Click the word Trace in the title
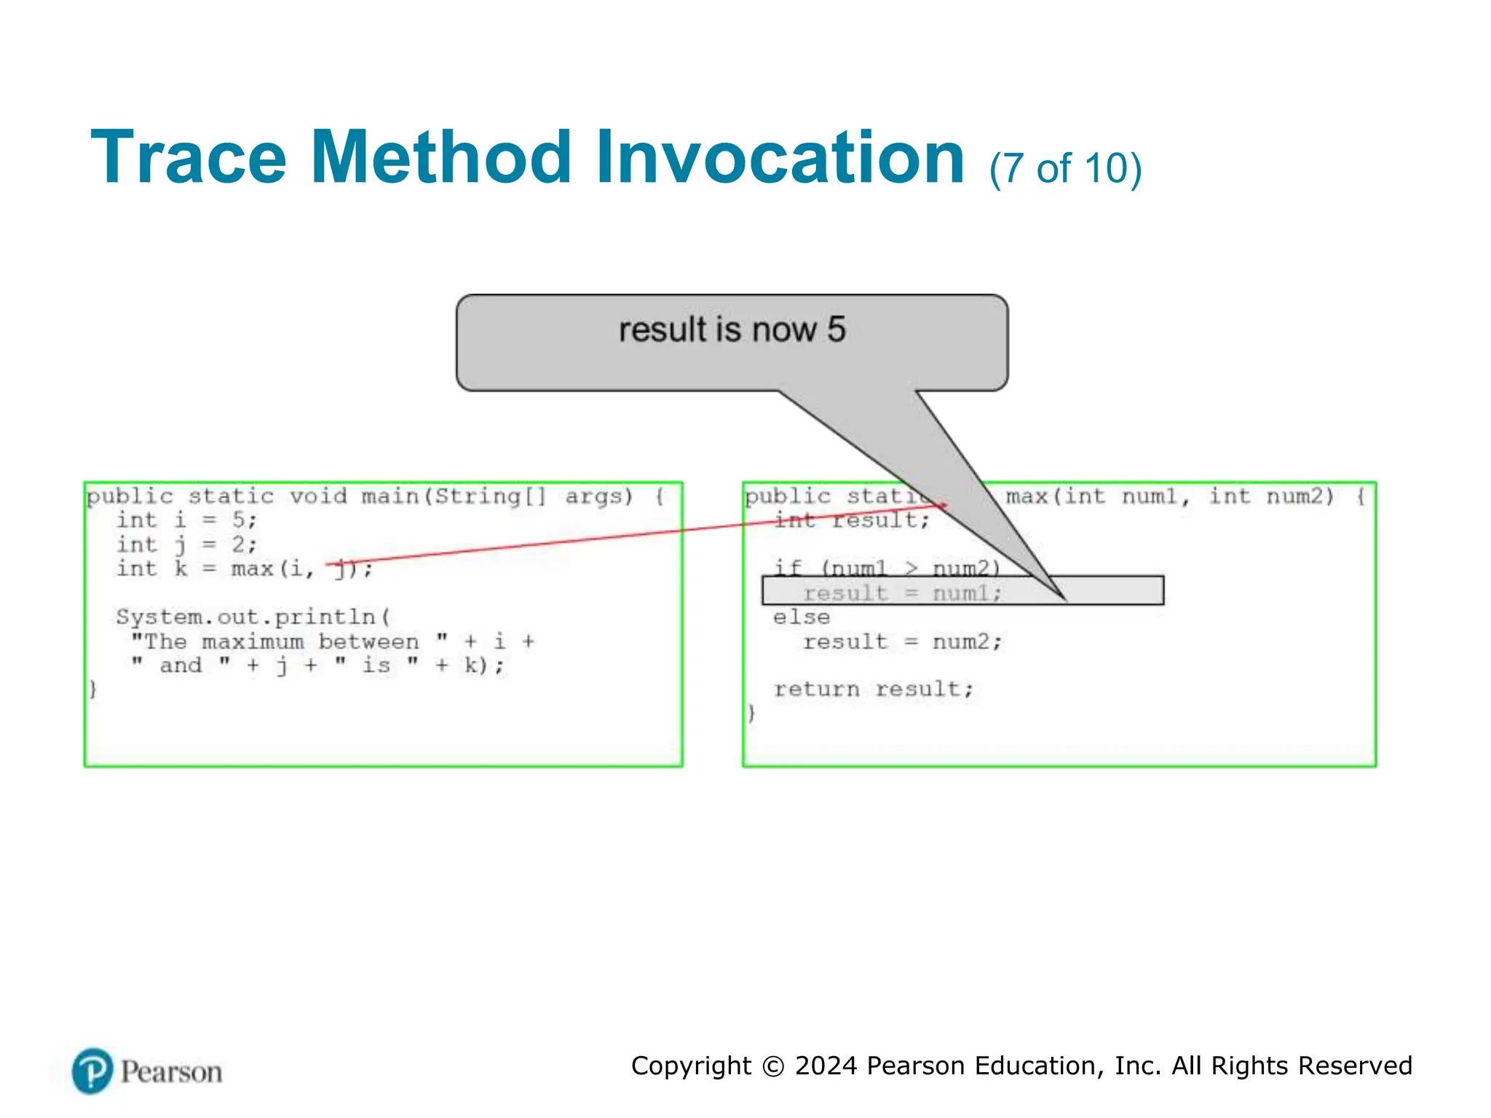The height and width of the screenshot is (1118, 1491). pos(189,158)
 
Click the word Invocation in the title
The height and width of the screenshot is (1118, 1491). pos(780,158)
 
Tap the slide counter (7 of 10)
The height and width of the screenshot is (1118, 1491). pos(1065,169)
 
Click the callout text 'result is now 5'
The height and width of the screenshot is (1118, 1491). pos(732,330)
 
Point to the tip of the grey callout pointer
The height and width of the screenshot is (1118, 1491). pos(1064,600)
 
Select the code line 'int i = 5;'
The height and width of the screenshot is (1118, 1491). pos(186,520)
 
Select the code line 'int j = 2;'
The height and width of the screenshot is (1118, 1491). pos(186,544)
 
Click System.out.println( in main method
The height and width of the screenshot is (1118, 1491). pos(253,617)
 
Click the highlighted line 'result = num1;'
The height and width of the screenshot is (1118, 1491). pos(902,593)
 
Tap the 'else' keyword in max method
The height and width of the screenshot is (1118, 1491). pos(802,617)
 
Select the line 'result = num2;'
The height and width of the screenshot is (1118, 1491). pos(902,642)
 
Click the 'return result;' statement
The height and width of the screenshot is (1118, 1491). pos(873,689)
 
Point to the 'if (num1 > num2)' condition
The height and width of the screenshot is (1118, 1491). pos(886,568)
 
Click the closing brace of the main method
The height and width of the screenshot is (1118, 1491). pos(92,689)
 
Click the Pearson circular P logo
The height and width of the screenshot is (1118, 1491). pos(92,1071)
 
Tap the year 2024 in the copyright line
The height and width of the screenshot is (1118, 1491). pos(826,1066)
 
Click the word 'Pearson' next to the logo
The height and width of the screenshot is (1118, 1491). pos(171,1072)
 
